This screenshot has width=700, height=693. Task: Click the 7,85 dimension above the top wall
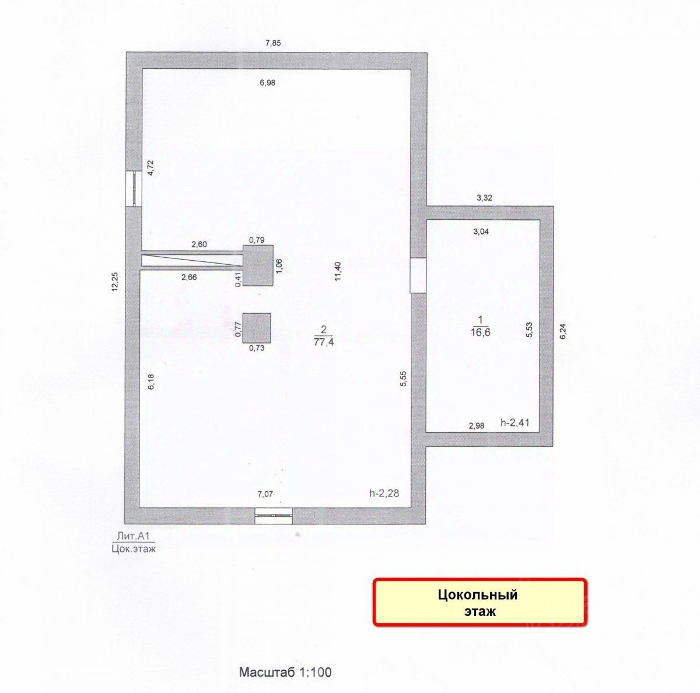tap(273, 43)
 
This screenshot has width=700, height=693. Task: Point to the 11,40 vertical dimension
tap(338, 271)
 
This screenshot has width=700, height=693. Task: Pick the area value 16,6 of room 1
tap(481, 332)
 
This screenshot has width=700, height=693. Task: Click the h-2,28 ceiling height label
tap(383, 494)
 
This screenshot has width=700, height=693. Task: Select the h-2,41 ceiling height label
tap(514, 423)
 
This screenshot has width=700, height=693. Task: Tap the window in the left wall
tap(134, 188)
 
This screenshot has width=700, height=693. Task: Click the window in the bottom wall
tap(274, 514)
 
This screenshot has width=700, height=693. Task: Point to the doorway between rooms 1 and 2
tap(418, 276)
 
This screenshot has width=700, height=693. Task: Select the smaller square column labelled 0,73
tap(257, 327)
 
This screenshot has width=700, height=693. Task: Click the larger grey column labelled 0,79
tap(258, 265)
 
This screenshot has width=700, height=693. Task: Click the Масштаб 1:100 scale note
tap(285, 672)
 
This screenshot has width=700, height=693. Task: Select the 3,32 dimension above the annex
tap(484, 198)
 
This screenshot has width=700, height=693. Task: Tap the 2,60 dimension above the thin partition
tap(199, 245)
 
